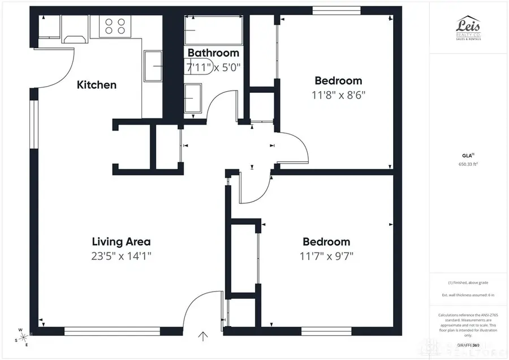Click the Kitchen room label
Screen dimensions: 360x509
[x=97, y=85]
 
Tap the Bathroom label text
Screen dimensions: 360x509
[x=213, y=53]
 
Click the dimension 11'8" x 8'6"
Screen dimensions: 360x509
[x=338, y=95]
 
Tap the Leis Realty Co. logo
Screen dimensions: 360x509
[x=469, y=28]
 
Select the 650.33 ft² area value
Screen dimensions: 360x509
[x=469, y=165]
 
